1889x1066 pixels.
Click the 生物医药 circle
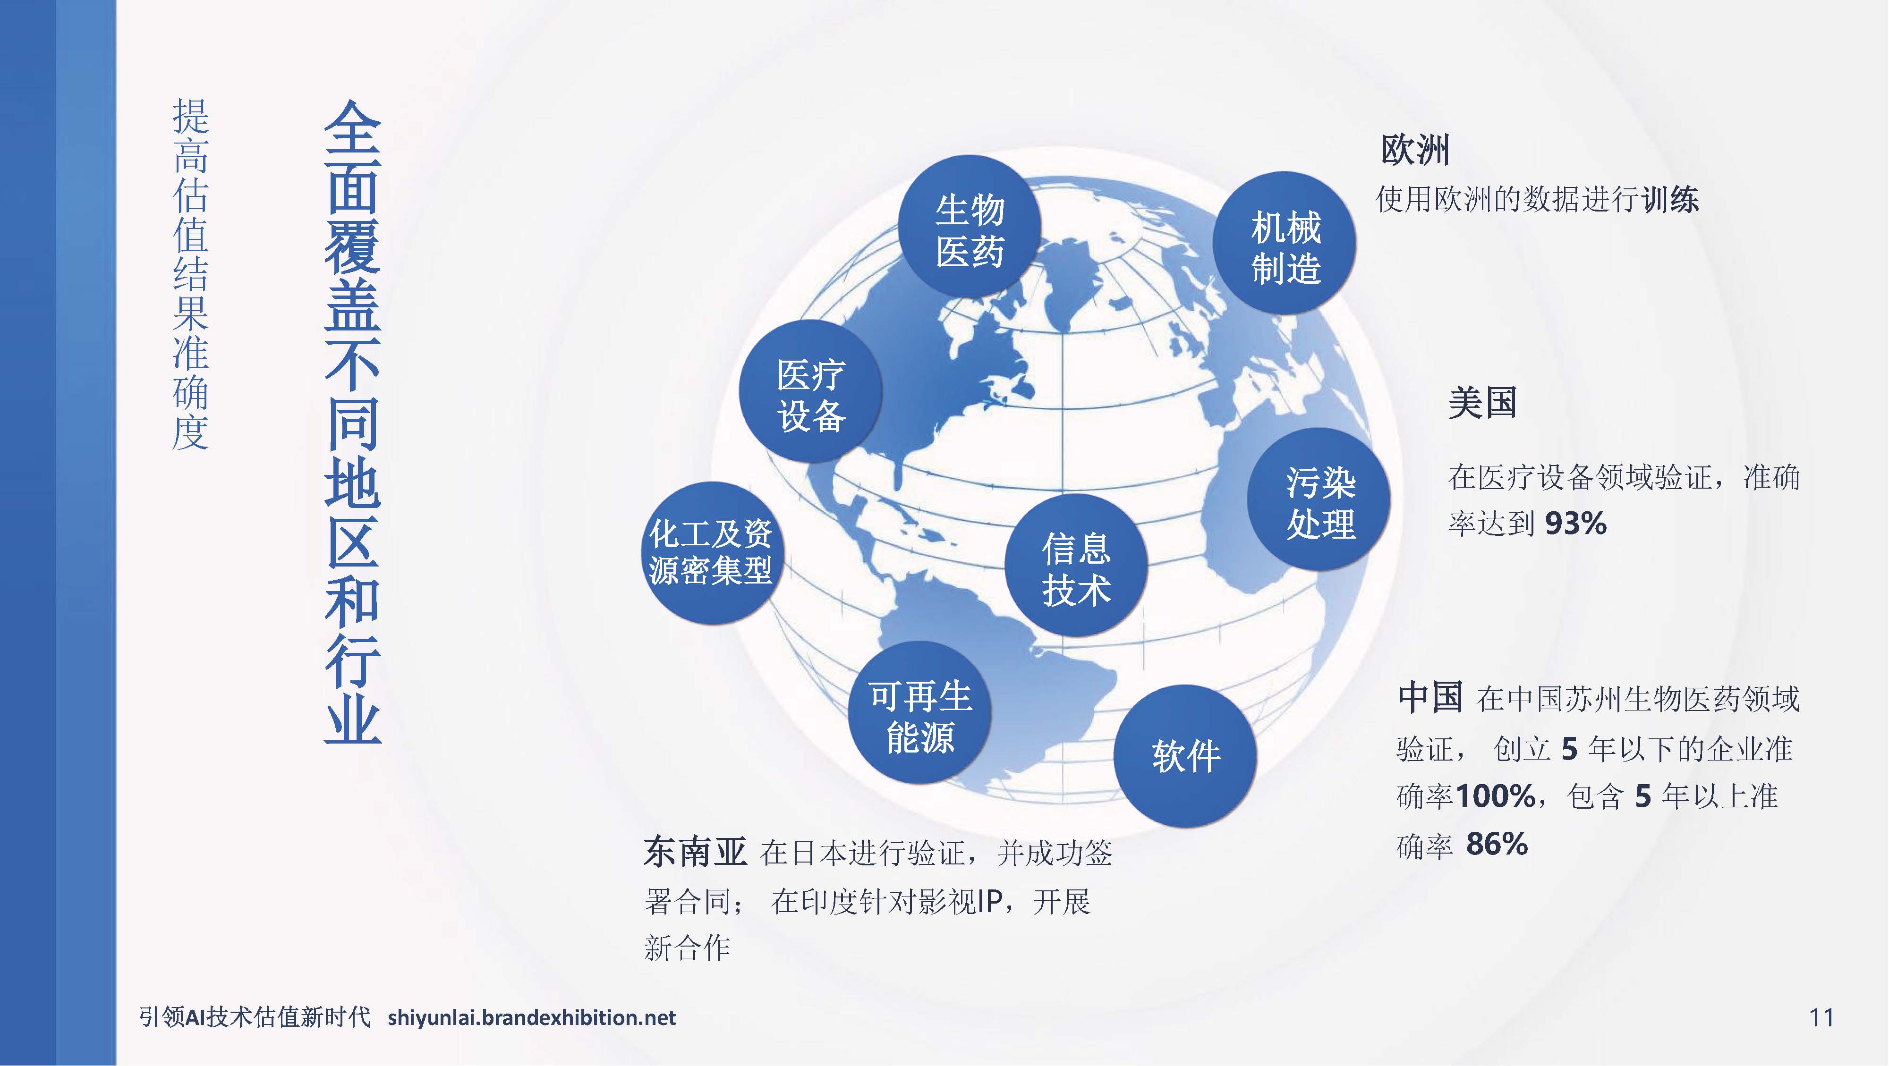[970, 227]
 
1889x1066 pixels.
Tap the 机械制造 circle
[1285, 243]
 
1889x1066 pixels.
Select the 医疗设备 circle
[810, 391]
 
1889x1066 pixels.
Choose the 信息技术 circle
[1076, 565]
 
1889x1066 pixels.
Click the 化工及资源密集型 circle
[710, 553]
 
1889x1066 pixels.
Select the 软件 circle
[1185, 756]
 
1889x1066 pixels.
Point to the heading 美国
[1482, 403]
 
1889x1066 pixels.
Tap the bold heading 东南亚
[694, 852]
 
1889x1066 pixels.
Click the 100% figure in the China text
[1495, 796]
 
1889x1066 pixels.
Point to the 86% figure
[1497, 845]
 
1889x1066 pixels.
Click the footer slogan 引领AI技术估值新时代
[255, 1017]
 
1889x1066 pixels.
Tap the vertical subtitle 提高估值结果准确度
[191, 275]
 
